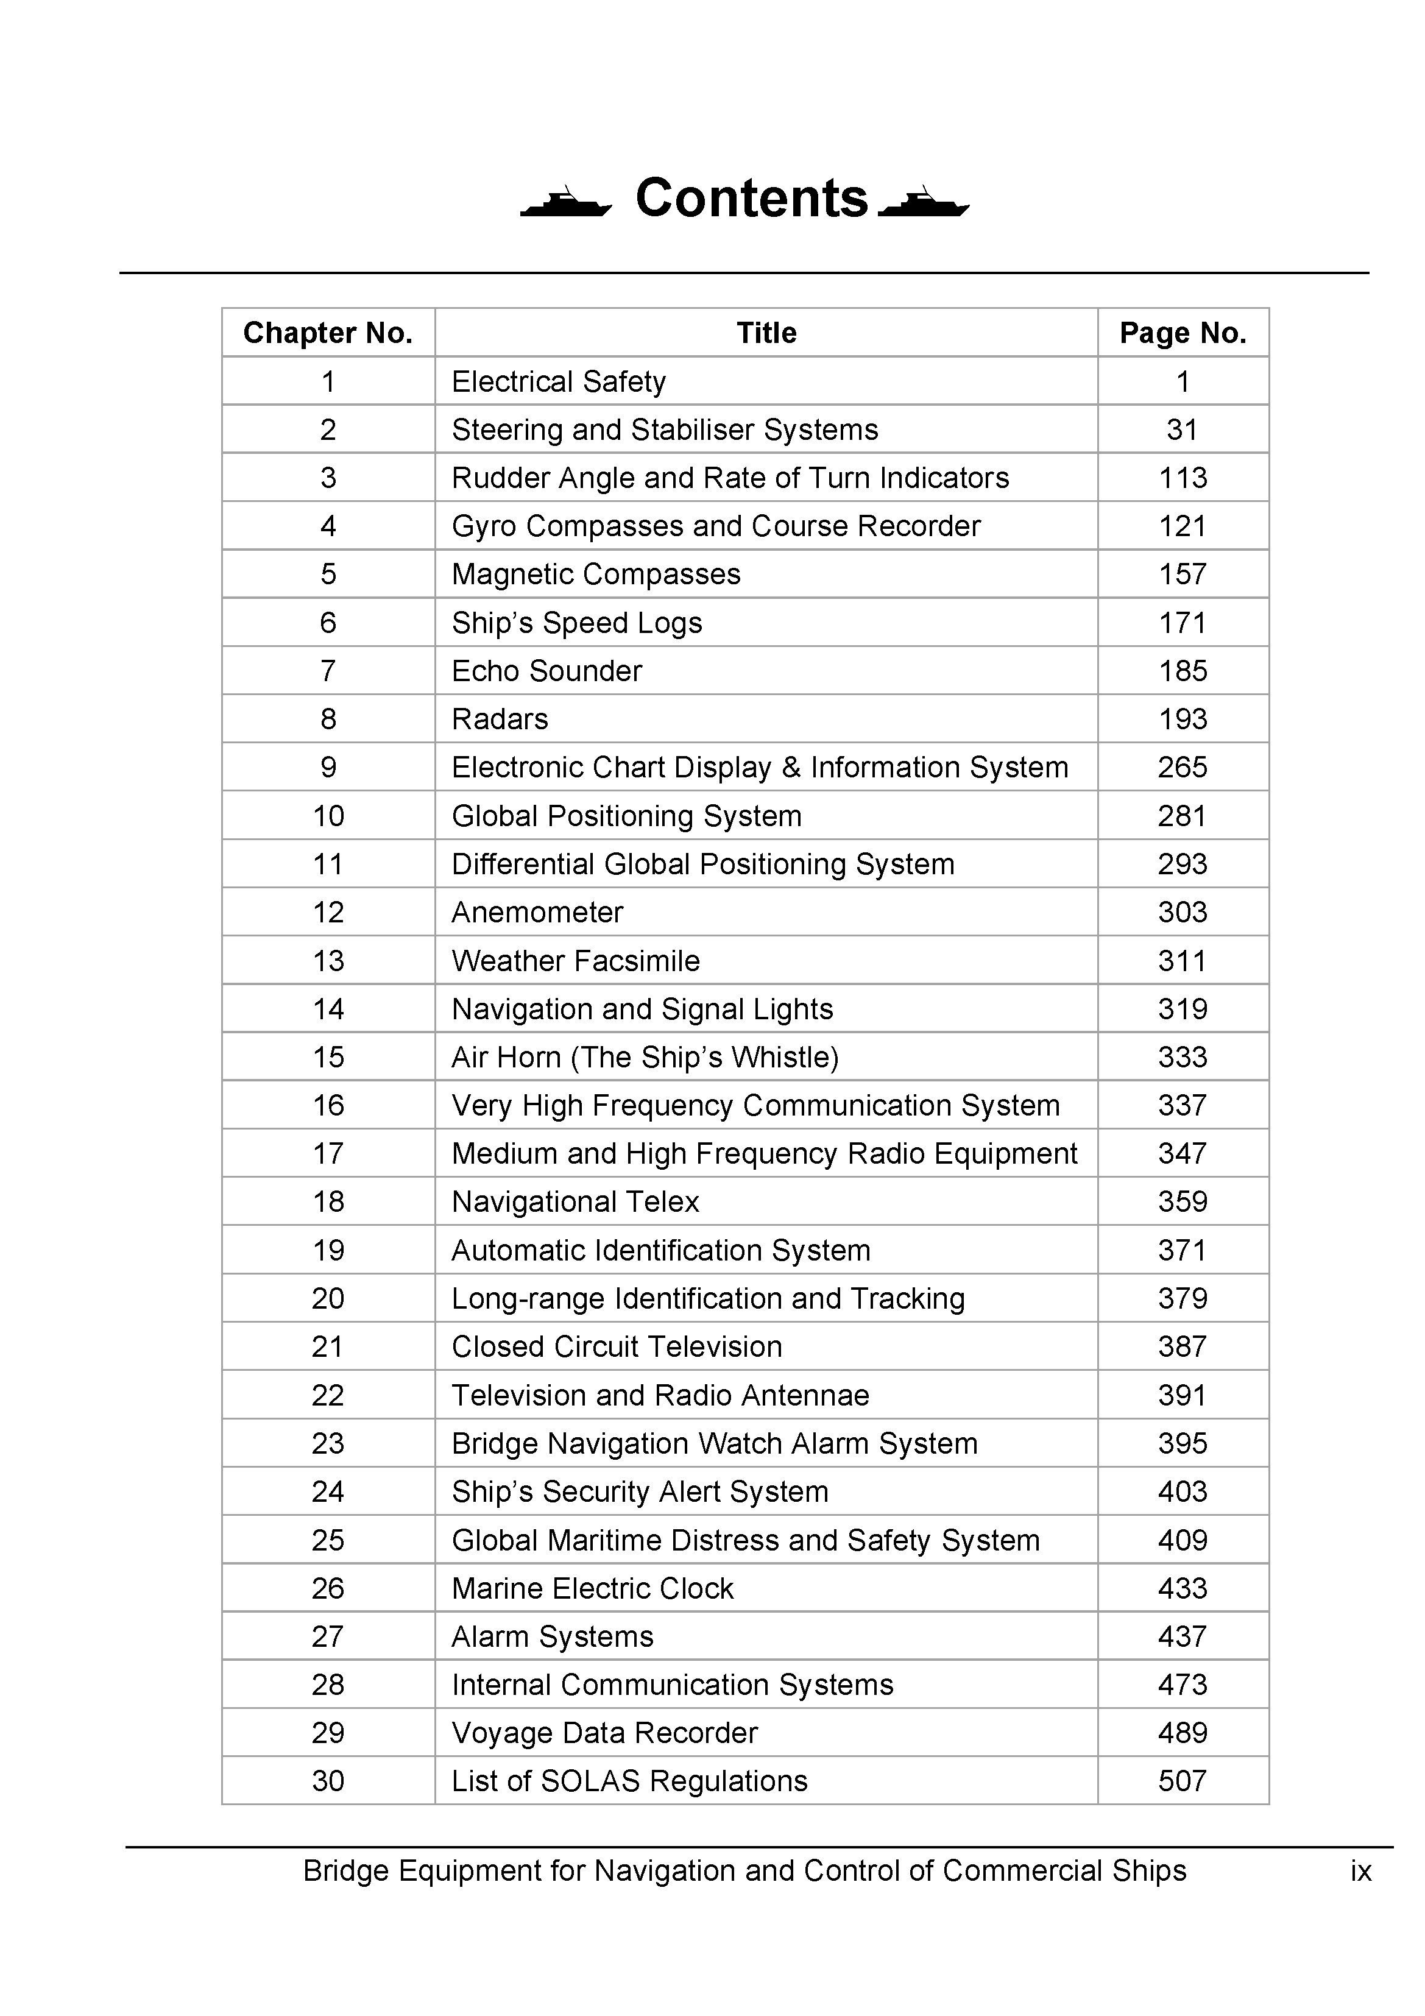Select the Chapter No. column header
click(328, 333)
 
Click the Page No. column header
click(1182, 333)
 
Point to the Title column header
click(766, 333)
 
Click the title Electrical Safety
click(559, 381)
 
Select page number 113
click(1182, 478)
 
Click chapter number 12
click(328, 912)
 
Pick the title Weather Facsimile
click(575, 961)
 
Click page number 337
click(1182, 1105)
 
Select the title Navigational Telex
click(575, 1201)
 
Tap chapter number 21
click(328, 1346)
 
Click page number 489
click(1182, 1732)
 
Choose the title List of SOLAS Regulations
click(629, 1781)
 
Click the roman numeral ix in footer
click(1360, 1871)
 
